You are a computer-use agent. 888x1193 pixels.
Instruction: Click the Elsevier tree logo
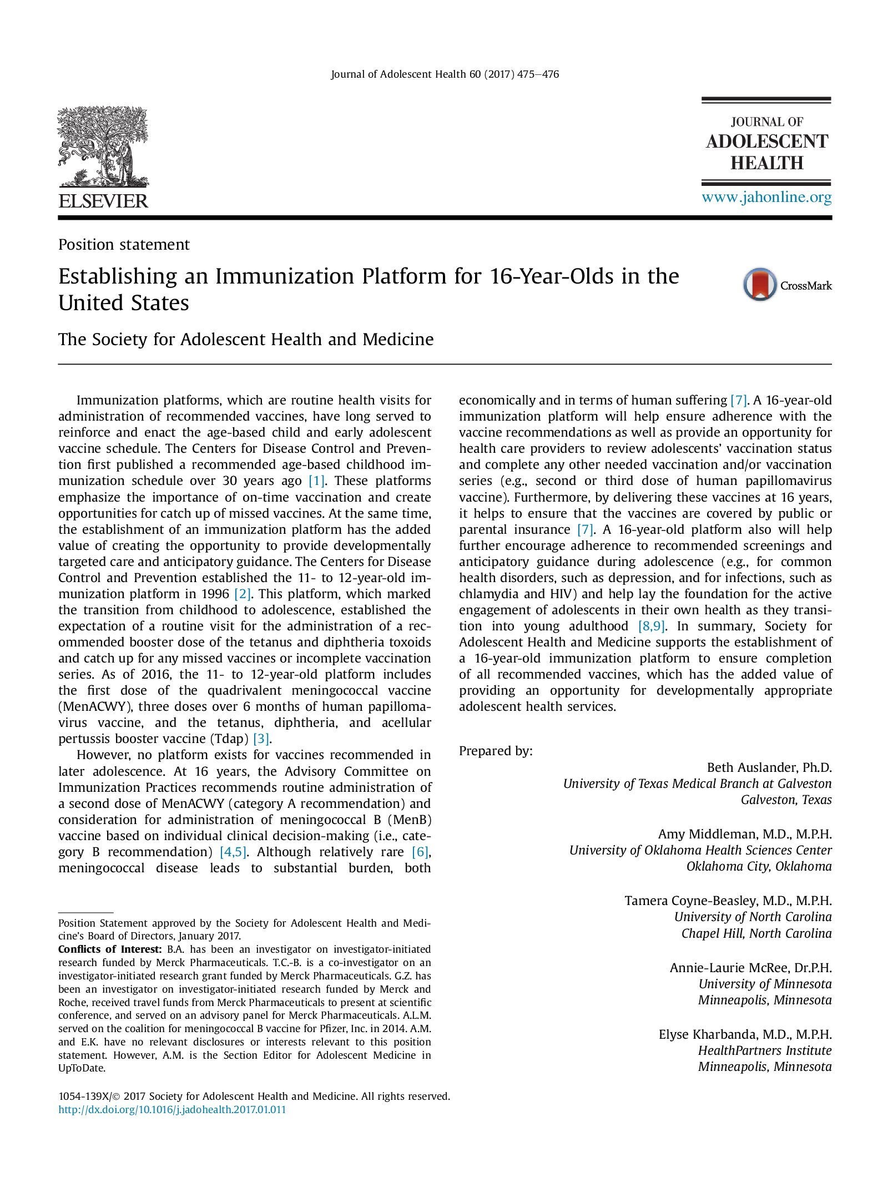103,146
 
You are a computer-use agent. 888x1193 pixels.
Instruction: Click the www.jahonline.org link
766,198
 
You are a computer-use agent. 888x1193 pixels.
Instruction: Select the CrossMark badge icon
760,285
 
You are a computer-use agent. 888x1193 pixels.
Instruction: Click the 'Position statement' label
124,245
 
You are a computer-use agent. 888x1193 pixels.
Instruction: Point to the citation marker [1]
316,481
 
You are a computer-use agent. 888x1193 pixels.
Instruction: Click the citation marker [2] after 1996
243,594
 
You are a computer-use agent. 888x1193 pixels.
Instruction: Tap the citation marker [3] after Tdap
261,739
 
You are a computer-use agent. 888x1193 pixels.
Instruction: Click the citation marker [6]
420,852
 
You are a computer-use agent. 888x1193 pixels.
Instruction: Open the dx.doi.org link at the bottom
172,1110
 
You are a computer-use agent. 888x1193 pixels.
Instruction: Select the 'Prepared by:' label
496,751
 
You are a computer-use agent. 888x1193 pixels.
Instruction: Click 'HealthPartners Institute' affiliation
765,1050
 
